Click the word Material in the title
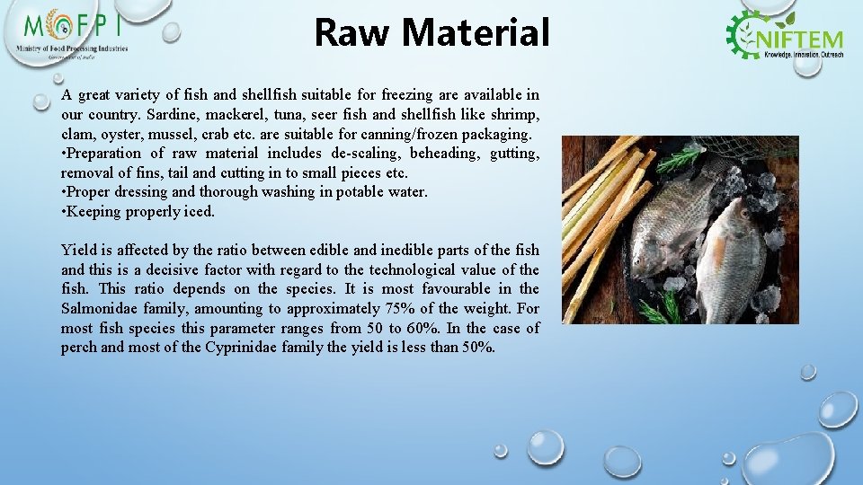pos(475,33)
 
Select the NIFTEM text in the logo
pos(802,39)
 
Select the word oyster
pos(116,135)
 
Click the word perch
pos(79,348)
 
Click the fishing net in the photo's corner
pos(764,157)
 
